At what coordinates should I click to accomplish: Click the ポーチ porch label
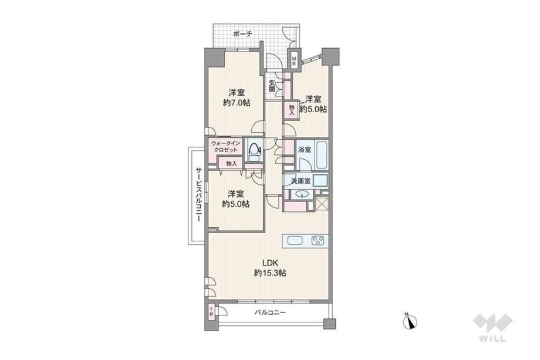click(x=243, y=33)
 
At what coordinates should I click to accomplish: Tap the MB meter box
click(x=293, y=61)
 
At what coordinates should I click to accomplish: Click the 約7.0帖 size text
click(x=237, y=102)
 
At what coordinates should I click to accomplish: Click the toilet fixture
click(x=254, y=152)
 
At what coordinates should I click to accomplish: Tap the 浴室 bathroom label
click(x=305, y=150)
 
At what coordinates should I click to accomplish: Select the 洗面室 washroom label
click(x=301, y=180)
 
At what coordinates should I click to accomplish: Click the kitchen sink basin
click(x=295, y=240)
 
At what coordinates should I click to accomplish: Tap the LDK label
click(x=269, y=263)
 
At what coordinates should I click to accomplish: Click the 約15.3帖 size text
click(x=270, y=273)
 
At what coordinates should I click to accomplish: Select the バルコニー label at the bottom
click(x=271, y=312)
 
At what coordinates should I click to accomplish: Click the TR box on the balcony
click(x=211, y=312)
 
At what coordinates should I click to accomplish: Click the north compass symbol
click(x=410, y=321)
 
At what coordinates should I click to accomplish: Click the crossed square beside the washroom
click(x=322, y=203)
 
